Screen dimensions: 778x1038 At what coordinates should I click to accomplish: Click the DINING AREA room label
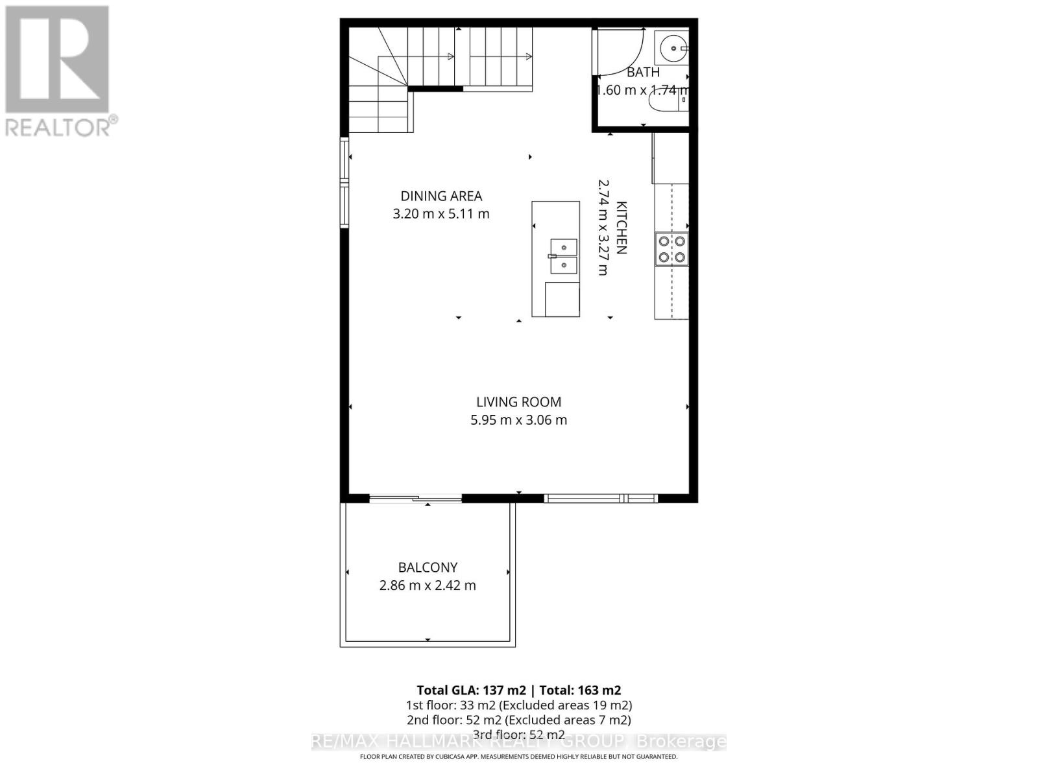(441, 196)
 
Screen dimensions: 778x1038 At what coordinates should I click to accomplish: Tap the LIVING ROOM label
(518, 402)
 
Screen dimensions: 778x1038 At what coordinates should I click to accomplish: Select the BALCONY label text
(428, 567)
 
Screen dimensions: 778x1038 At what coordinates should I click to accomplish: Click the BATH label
(643, 73)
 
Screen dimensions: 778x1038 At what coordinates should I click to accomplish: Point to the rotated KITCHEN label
(621, 228)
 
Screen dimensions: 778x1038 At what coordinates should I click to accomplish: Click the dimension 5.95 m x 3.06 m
(518, 420)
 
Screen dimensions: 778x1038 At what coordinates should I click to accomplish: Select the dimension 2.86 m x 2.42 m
(428, 585)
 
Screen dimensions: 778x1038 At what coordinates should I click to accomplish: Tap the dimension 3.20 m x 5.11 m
(441, 213)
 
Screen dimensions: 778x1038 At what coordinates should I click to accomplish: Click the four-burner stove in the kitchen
(671, 249)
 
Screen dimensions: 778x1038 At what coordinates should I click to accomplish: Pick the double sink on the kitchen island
(563, 256)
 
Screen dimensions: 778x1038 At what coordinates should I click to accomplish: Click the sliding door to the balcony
(415, 499)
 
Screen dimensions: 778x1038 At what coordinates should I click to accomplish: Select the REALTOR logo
(58, 71)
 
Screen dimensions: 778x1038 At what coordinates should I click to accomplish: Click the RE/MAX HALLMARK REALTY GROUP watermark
(518, 742)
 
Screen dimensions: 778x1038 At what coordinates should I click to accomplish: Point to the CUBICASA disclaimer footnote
(518, 757)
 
